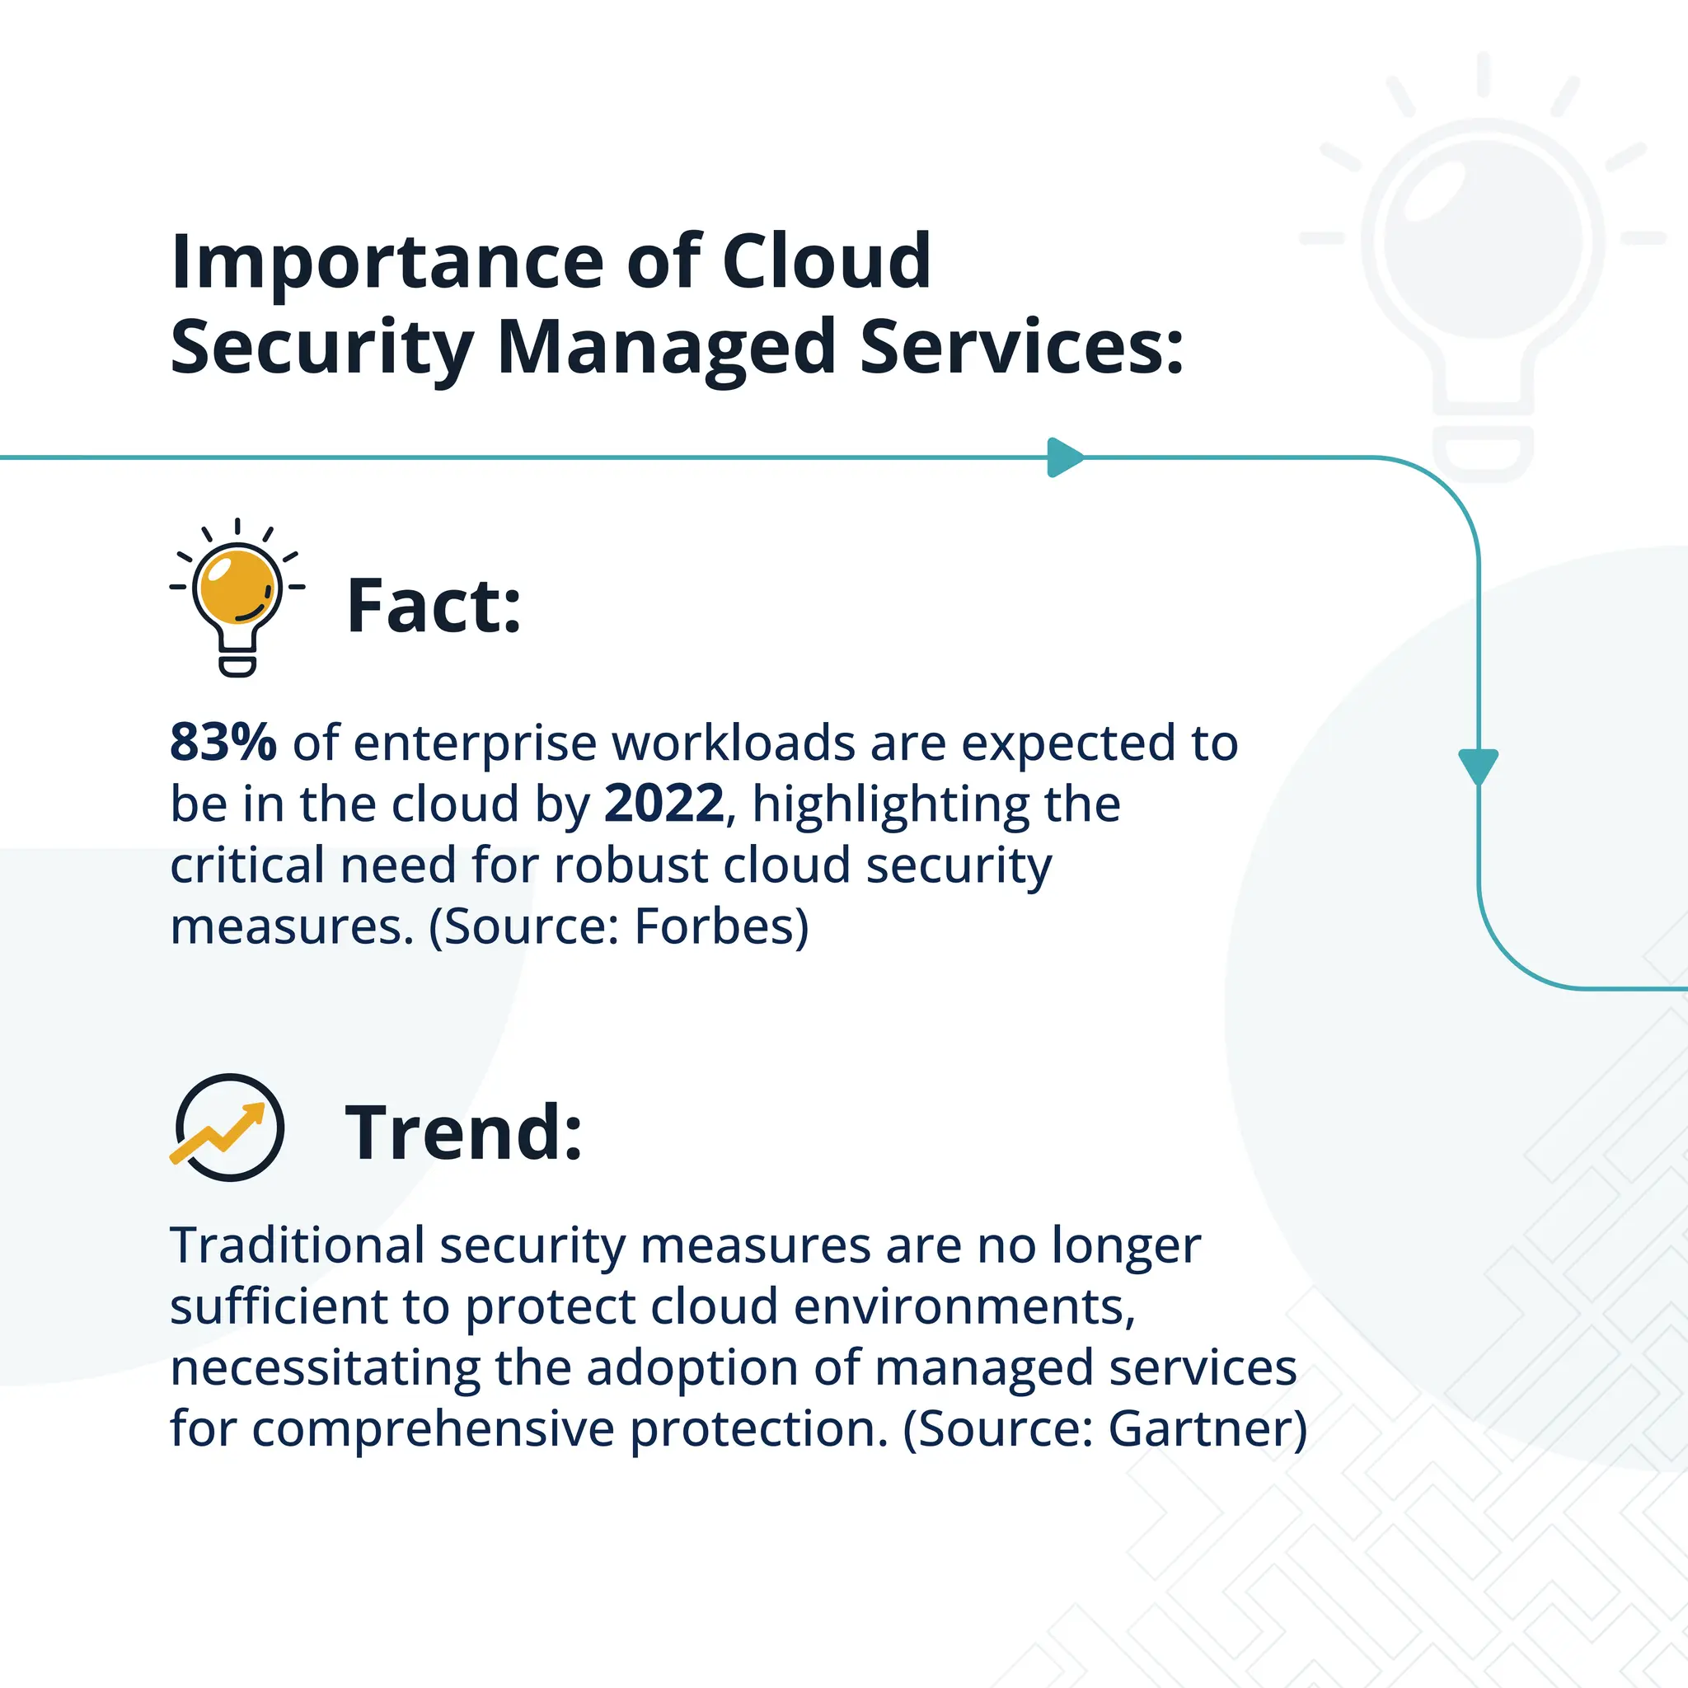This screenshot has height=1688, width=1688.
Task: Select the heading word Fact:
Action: pos(434,606)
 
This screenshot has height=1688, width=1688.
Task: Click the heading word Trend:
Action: pos(463,1132)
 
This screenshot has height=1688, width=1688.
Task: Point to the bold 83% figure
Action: pos(223,743)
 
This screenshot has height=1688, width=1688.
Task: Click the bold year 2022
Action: pos(664,804)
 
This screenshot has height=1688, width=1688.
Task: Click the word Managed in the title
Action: pos(666,348)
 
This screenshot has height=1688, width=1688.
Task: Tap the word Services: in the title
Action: pos(1021,348)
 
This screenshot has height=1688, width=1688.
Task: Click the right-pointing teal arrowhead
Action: pos(1064,457)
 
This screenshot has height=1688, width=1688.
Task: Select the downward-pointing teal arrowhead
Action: pos(1479,766)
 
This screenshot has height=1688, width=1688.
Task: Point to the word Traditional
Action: pos(297,1245)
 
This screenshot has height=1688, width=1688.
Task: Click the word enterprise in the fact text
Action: pos(475,743)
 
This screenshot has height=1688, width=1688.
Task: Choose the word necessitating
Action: pos(325,1367)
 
